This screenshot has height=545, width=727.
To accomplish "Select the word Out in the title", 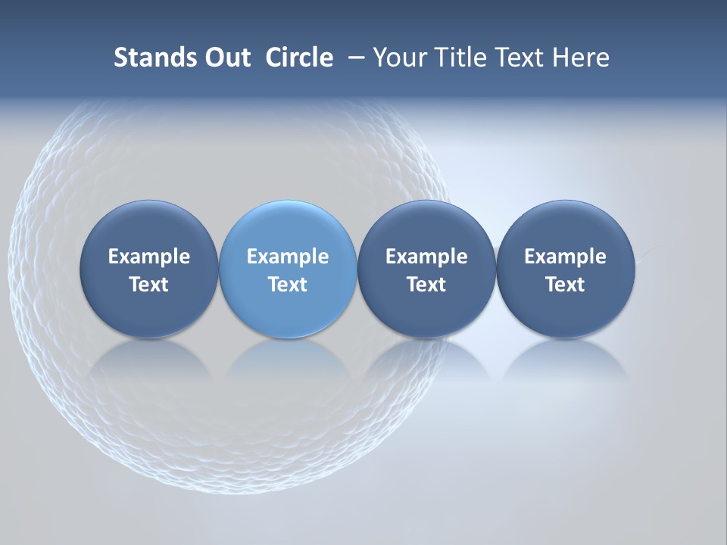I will [226, 58].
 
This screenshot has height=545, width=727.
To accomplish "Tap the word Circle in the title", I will [299, 58].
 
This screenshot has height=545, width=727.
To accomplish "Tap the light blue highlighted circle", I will [288, 227].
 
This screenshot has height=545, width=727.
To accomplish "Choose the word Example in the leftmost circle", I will [149, 257].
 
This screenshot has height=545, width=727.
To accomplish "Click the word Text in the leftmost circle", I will [149, 285].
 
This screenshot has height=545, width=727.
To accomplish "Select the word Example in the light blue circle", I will [288, 257].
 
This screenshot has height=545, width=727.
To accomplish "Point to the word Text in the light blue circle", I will [288, 285].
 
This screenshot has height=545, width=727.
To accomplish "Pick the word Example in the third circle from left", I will [426, 257].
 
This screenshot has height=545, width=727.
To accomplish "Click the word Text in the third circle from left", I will [426, 285].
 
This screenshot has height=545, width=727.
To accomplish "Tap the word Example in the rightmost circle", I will [565, 257].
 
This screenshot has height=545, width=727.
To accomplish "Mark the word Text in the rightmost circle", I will [565, 285].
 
